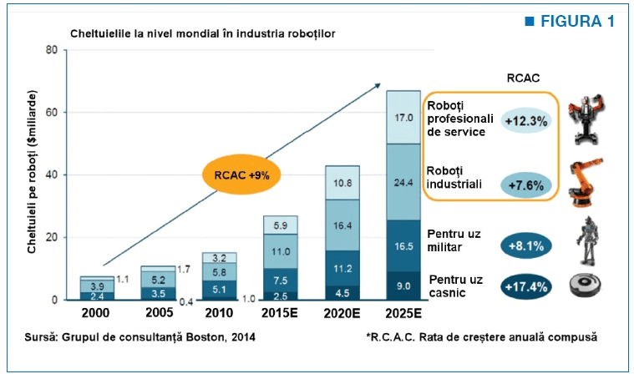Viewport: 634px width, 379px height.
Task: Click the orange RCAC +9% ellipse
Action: coord(241,174)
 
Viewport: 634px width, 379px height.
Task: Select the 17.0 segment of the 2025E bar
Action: coord(403,117)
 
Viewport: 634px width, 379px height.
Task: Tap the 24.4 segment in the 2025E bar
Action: coord(403,182)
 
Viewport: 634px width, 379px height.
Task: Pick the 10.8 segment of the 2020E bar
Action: coord(342,183)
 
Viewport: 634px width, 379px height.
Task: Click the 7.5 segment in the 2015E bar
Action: coord(280,280)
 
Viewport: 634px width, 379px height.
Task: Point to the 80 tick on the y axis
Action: coord(52,50)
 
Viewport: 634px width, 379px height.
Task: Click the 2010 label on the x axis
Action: coord(219,313)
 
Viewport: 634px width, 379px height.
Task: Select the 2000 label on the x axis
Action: coord(95,313)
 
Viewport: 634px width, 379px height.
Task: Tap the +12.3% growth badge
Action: coord(525,121)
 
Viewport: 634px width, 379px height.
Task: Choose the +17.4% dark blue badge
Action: coord(525,286)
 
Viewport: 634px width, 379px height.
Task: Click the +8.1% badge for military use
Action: coord(525,245)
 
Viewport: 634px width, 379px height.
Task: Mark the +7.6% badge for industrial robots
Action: coord(525,185)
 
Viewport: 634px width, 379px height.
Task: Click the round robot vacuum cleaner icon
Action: coord(585,285)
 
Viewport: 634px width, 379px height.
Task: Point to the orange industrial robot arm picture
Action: coord(585,182)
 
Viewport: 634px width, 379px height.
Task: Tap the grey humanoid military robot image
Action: coord(586,240)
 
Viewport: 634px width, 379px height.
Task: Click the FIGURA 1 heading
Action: coord(570,21)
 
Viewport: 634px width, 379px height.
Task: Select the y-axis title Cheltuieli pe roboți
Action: coord(32,172)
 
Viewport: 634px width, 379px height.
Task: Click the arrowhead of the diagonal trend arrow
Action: coord(378,85)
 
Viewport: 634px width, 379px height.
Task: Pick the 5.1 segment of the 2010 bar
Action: coord(219,289)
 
